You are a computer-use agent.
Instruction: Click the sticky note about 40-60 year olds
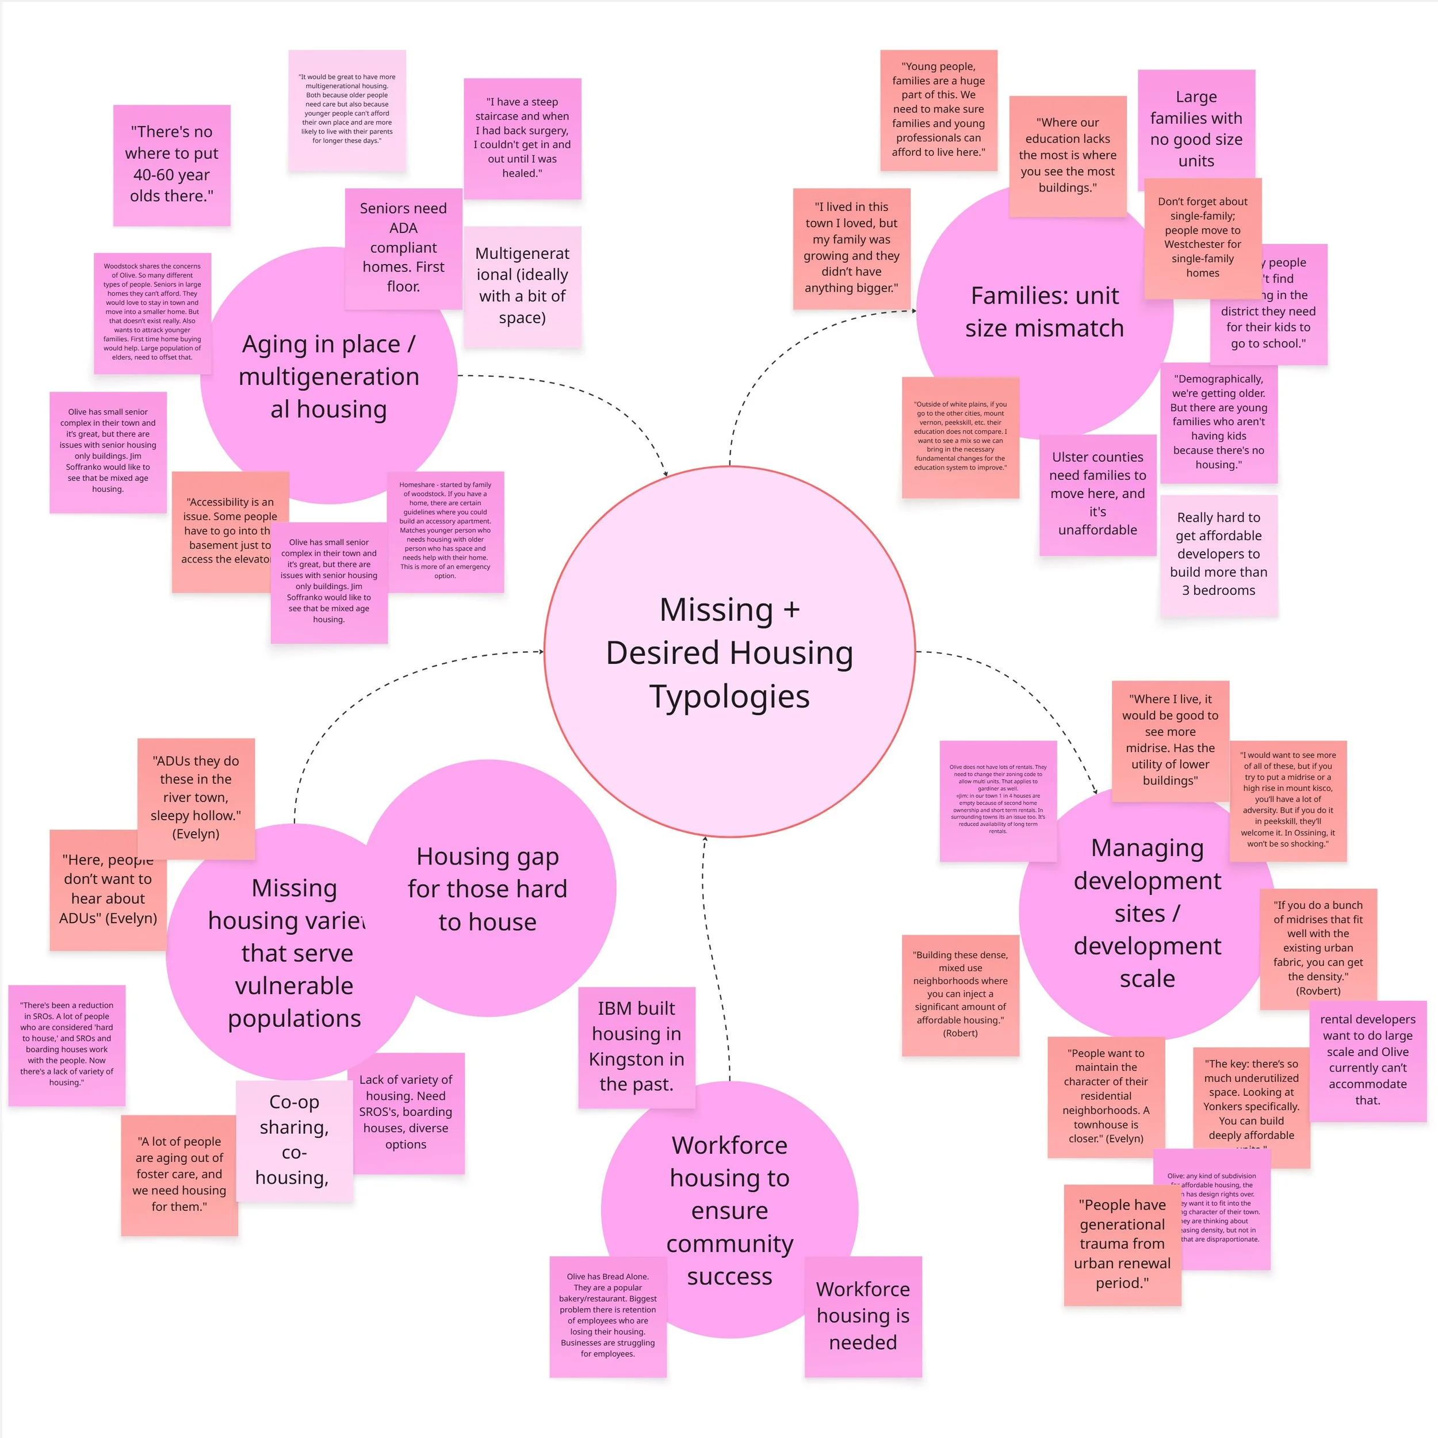[171, 165]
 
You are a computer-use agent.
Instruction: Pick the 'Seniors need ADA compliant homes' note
[403, 247]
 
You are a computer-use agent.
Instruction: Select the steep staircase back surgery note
[522, 137]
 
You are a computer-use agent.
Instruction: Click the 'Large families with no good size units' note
[1195, 129]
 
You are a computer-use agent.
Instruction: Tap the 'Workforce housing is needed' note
[863, 1316]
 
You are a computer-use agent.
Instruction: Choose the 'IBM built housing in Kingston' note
[636, 1046]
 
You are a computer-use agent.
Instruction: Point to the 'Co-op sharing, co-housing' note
[294, 1139]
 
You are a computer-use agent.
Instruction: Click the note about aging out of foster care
[179, 1175]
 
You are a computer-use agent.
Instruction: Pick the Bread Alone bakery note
[607, 1316]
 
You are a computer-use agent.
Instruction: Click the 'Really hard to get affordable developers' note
[1218, 554]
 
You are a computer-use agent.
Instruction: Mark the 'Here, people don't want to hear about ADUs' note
[108, 889]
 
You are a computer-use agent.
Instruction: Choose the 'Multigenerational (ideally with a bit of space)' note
[522, 286]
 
